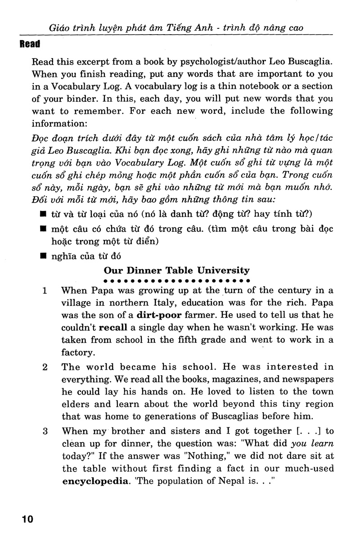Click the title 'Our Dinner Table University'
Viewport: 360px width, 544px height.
pyautogui.click(x=176, y=270)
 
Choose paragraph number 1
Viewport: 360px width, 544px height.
pyautogui.click(x=45, y=290)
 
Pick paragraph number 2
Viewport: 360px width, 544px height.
pyautogui.click(x=45, y=367)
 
